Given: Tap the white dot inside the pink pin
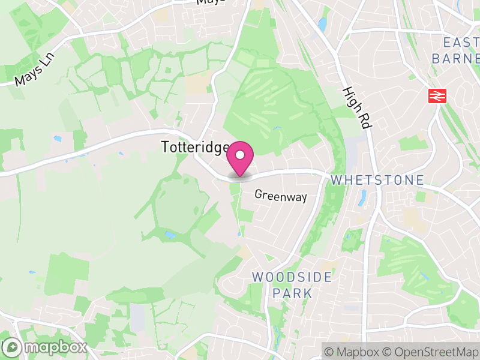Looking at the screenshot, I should (240, 155).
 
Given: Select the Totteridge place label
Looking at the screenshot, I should (195, 147).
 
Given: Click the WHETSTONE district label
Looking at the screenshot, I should (377, 180).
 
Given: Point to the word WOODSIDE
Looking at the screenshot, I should (292, 277).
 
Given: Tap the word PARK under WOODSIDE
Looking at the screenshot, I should (292, 293).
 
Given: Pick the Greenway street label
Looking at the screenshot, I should (281, 196).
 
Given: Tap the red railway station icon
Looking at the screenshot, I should (436, 96).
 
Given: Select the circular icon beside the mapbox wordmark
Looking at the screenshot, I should (11, 347).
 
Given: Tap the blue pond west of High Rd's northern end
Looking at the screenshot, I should (323, 24).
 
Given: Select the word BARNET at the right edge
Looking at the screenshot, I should (456, 58).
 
